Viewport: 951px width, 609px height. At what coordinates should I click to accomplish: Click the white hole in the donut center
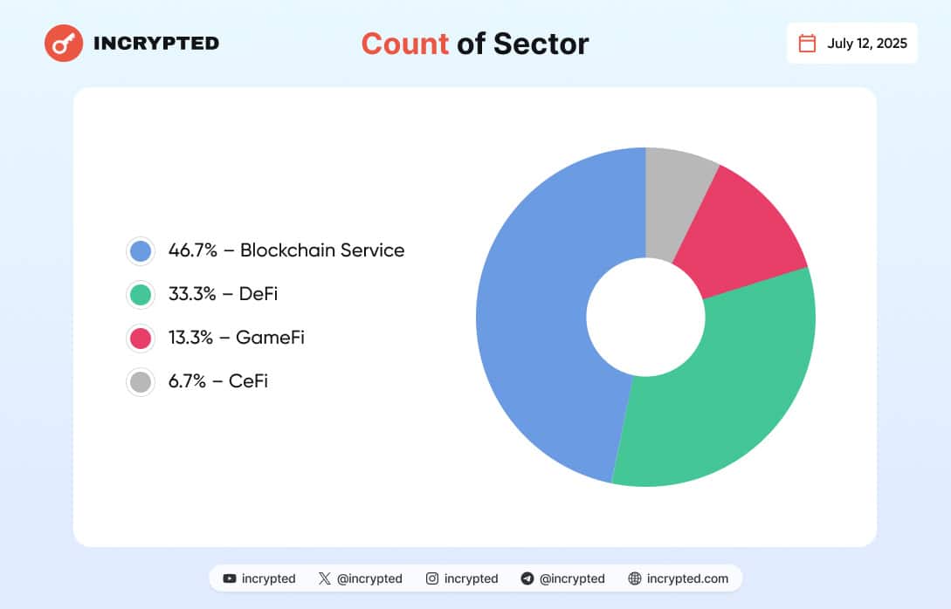[x=645, y=317]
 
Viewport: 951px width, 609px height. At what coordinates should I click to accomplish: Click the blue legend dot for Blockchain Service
[x=140, y=251]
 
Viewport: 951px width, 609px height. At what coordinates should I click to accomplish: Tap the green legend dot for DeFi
[x=140, y=295]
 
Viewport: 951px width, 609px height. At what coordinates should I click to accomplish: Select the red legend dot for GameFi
[x=140, y=338]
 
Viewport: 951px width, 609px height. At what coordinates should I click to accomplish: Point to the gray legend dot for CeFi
[x=140, y=381]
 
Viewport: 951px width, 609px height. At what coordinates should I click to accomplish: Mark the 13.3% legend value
[x=191, y=338]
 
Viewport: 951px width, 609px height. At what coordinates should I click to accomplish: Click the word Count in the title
[x=404, y=44]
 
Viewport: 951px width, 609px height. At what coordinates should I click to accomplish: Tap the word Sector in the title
[x=541, y=44]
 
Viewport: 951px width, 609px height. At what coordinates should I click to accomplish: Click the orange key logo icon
[x=64, y=43]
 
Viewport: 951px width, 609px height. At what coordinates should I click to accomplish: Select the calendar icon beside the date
[x=808, y=44]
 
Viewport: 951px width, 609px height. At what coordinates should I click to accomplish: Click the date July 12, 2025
[x=867, y=44]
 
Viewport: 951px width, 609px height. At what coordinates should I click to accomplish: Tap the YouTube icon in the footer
[x=230, y=578]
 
